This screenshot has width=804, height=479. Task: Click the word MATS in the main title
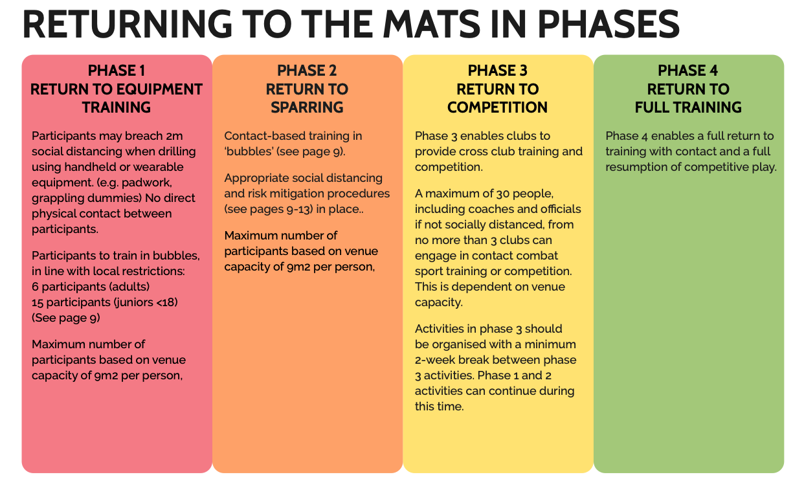(x=432, y=24)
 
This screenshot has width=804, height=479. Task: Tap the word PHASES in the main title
(x=609, y=24)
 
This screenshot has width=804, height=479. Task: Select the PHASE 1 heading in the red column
(x=117, y=71)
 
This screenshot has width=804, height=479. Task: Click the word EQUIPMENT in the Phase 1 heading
(x=161, y=89)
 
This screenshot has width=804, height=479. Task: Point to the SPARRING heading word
(x=307, y=107)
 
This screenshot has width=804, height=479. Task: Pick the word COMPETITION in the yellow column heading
(x=497, y=107)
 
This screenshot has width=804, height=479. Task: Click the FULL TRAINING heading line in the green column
(x=688, y=107)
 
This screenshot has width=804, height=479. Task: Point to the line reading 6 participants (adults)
(x=91, y=287)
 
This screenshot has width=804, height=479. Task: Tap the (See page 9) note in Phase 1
(x=65, y=318)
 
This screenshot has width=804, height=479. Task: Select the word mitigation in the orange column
(x=297, y=194)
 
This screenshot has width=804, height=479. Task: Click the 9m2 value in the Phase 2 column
(x=298, y=267)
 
